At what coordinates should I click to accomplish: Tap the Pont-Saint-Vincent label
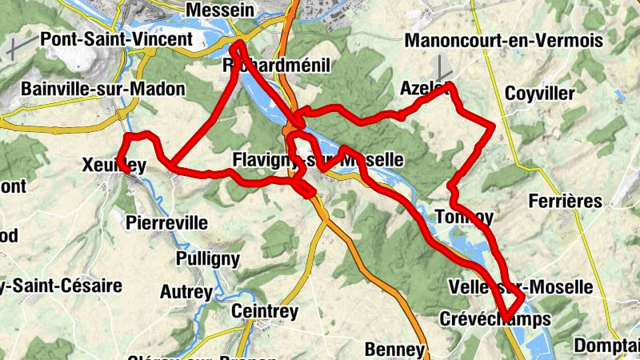tap(116, 38)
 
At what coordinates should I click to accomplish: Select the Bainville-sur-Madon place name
tap(104, 89)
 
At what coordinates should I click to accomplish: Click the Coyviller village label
tap(540, 94)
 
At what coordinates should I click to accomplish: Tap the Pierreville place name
tap(167, 222)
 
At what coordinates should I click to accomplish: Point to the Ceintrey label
tap(264, 310)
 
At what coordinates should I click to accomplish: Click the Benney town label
tap(394, 349)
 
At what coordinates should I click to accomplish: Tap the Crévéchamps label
tap(495, 319)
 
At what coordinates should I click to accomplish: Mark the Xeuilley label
tap(114, 165)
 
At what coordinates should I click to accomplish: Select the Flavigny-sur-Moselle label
tap(318, 159)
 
